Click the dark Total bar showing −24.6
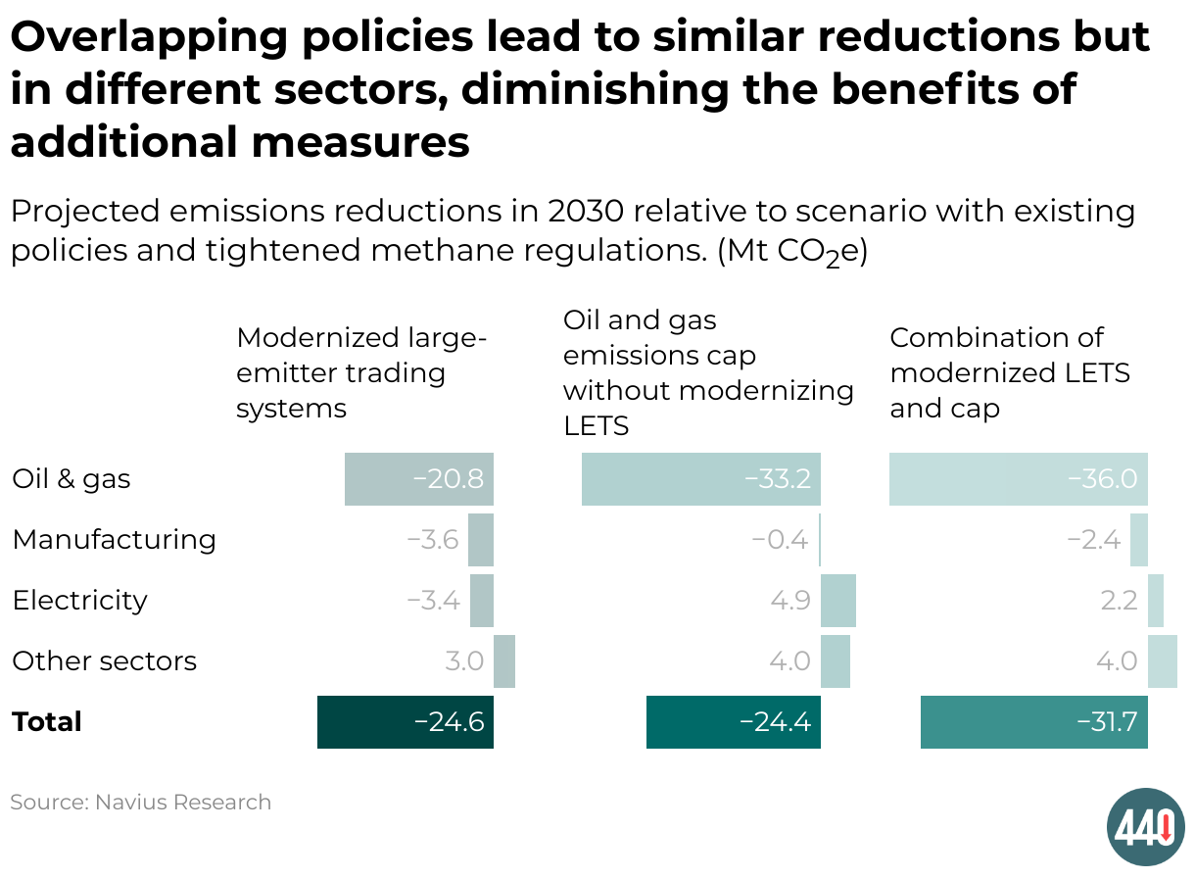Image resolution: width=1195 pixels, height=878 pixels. pos(406,722)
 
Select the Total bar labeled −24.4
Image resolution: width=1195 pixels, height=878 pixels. pos(734,722)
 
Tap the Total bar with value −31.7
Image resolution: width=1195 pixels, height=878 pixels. pos(1034,722)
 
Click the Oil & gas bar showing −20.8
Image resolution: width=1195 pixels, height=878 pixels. pos(419,479)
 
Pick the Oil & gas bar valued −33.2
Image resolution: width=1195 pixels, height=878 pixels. pos(701,479)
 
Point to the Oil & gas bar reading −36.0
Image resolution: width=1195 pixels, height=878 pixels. pos(1019,479)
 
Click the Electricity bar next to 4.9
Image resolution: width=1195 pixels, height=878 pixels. pos(838,601)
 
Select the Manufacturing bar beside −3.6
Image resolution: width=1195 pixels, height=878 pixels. pos(481,540)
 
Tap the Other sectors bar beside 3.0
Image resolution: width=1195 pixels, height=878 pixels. pos(504,661)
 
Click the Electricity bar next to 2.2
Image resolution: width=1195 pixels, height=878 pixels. pos(1156,601)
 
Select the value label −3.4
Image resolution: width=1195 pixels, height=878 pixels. pos(433,601)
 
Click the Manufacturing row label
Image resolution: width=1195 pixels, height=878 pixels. pos(114,540)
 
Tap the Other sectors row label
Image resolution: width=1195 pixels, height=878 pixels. pos(104,661)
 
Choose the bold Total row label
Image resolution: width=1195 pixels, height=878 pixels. pos(47,722)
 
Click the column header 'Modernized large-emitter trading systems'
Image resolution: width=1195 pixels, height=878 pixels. pos(361,372)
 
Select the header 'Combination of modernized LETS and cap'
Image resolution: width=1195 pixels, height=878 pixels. pos(1010,372)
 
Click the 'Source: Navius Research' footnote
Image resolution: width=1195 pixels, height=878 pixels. pos(140,803)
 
